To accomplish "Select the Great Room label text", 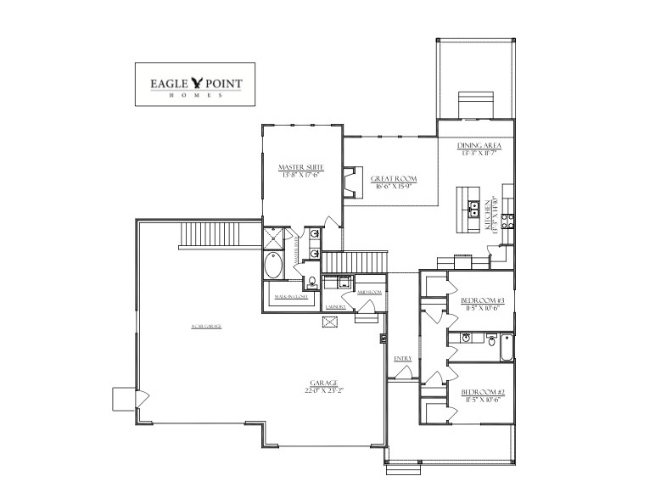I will point(391,182).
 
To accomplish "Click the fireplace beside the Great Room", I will point(349,182).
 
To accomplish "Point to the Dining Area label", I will point(479,149).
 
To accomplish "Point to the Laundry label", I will point(337,307).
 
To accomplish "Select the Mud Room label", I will point(370,291).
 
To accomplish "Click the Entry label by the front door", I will point(403,359).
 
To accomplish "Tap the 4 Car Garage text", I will point(205,326).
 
